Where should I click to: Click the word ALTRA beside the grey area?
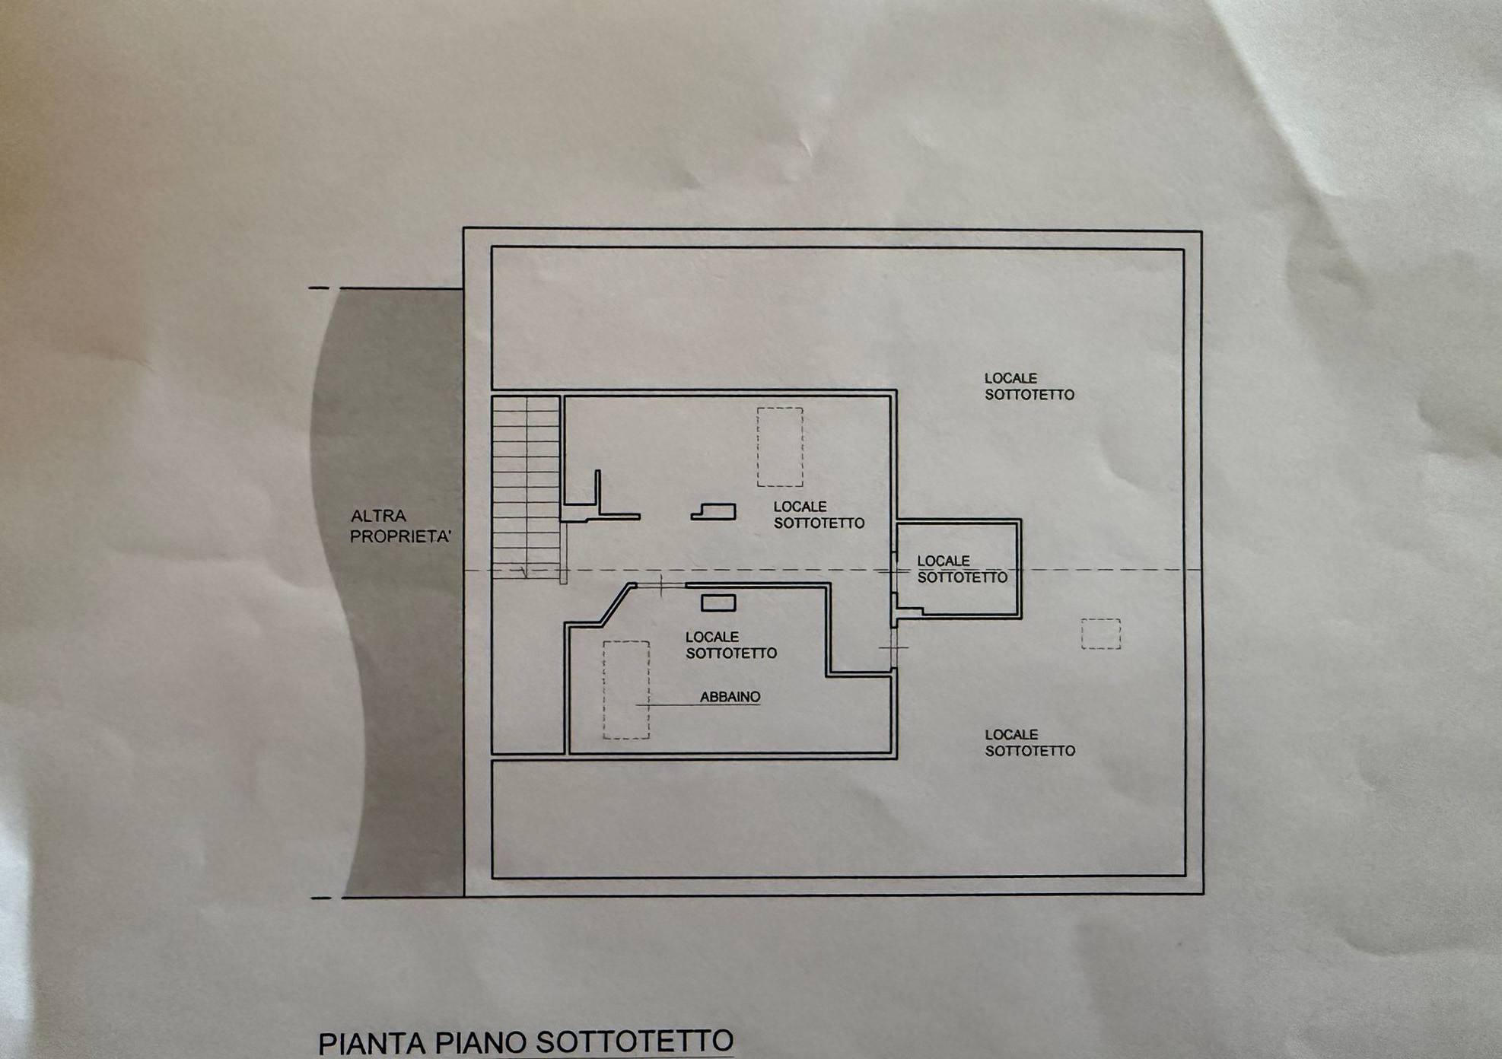click(x=378, y=516)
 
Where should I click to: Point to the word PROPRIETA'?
click(x=401, y=536)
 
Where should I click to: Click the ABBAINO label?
click(x=730, y=696)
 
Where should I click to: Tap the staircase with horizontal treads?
click(x=527, y=487)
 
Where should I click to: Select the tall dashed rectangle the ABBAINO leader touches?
click(x=626, y=690)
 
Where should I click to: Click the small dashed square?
click(x=1101, y=634)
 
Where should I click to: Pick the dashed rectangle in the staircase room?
click(x=780, y=447)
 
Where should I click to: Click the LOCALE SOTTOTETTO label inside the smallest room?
click(x=962, y=569)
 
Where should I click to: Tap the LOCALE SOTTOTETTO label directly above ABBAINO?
click(x=731, y=645)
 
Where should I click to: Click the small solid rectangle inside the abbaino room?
click(x=718, y=603)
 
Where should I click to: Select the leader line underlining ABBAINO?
click(x=698, y=705)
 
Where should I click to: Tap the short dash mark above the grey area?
click(x=319, y=288)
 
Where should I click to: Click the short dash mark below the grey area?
click(x=322, y=898)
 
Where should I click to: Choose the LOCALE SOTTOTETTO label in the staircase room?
click(x=819, y=515)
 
